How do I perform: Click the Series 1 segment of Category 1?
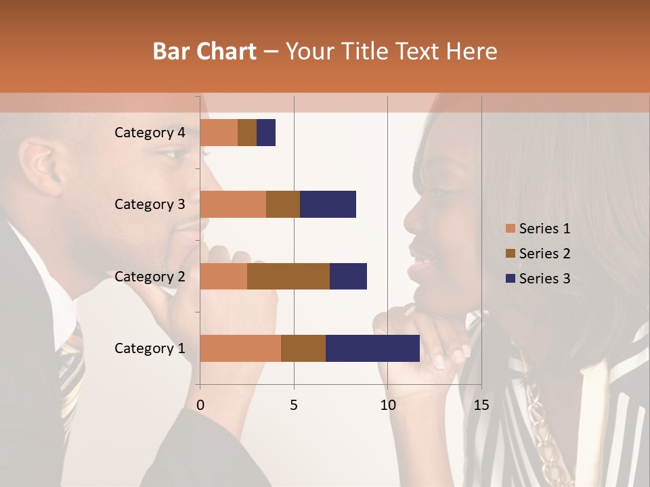[x=240, y=348]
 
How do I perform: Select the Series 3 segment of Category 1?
[x=372, y=348]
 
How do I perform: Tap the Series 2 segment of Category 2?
[x=288, y=276]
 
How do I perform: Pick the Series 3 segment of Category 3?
[x=328, y=204]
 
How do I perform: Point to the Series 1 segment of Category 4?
[x=219, y=133]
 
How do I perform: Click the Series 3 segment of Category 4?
[x=266, y=133]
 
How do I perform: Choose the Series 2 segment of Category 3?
[x=283, y=204]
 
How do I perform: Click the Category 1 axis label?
[x=150, y=348]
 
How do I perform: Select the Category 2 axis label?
[x=150, y=277]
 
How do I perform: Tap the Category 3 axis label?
[x=150, y=204]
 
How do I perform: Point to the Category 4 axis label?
[x=150, y=133]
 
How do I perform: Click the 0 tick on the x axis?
[x=200, y=405]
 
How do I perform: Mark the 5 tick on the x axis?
[x=294, y=405]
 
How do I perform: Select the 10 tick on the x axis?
[x=387, y=405]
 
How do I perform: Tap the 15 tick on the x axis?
[x=481, y=405]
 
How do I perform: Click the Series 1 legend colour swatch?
[x=510, y=229]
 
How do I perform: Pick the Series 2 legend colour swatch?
[x=510, y=254]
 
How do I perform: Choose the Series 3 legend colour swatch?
[x=510, y=279]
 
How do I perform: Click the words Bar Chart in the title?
[x=204, y=51]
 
